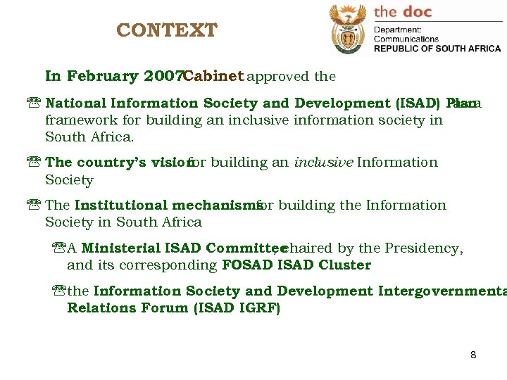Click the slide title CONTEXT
tap(167, 31)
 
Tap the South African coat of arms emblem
tap(348, 29)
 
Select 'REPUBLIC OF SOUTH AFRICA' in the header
tap(437, 49)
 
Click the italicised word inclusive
tap(323, 163)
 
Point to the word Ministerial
tap(120, 248)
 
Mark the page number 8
tap(473, 355)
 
